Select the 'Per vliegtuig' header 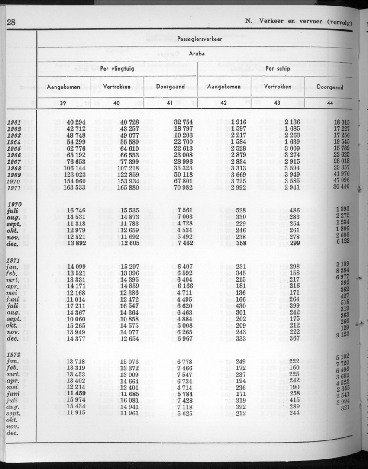coord(117,68)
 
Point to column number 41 coord(170,103)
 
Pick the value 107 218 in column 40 coord(126,168)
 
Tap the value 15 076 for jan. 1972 coord(129,362)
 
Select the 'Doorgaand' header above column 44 coord(330,87)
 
